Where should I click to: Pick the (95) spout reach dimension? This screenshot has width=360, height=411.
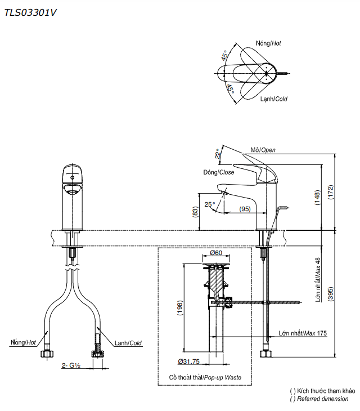[244, 209]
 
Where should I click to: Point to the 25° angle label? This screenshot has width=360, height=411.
[209, 204]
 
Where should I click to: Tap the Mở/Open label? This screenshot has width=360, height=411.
[263, 150]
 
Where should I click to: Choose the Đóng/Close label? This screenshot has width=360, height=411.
[218, 172]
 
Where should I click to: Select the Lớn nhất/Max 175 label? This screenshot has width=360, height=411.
[303, 333]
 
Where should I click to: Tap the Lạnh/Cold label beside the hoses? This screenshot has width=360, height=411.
[128, 342]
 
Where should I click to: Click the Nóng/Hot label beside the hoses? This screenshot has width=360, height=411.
[22, 342]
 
